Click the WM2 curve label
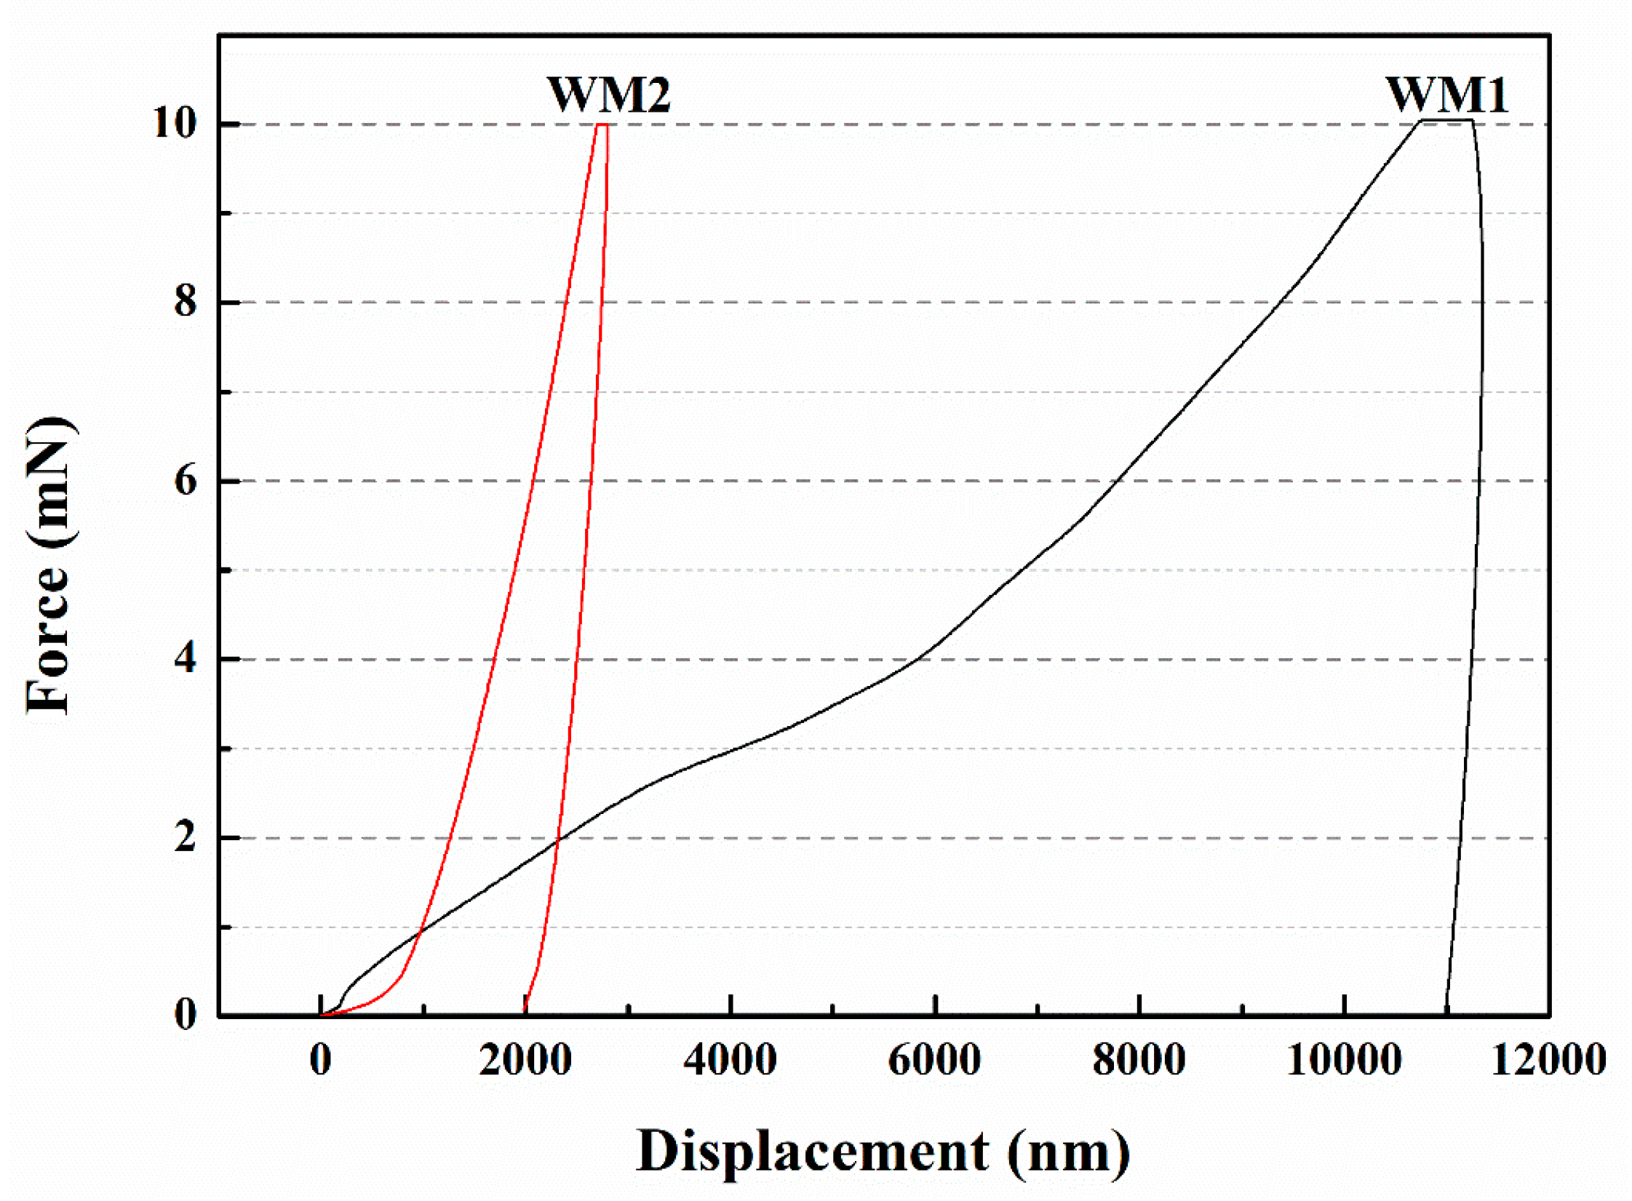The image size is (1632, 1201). (x=608, y=95)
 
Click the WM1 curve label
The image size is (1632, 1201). (x=1446, y=95)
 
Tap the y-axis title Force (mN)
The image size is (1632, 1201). (x=49, y=565)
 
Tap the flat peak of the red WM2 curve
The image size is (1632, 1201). (x=602, y=124)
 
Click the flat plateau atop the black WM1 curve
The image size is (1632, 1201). (x=1447, y=119)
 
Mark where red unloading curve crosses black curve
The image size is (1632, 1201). (x=558, y=841)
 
